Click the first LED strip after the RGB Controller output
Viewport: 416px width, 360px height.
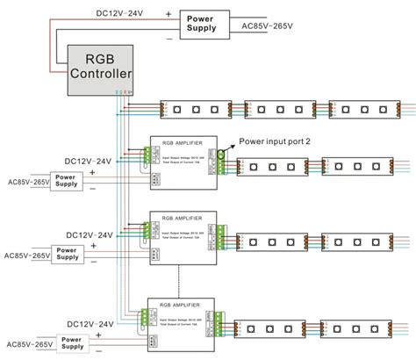pos(196,111)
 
